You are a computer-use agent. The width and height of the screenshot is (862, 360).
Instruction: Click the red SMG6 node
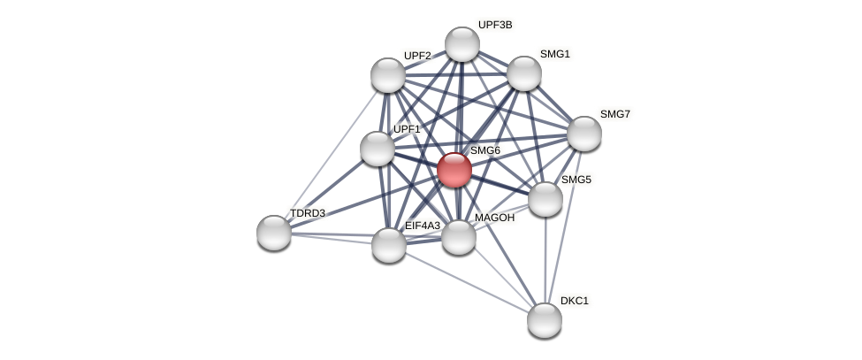[x=454, y=170]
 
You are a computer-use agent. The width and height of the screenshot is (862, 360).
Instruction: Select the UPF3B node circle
[x=462, y=44]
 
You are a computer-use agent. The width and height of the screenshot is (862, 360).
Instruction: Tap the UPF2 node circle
[x=388, y=75]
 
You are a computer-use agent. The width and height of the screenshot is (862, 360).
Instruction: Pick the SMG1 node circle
[x=524, y=73]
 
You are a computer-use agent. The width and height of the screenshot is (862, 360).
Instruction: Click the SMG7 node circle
[x=584, y=134]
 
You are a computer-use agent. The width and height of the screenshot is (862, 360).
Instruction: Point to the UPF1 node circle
[x=378, y=149]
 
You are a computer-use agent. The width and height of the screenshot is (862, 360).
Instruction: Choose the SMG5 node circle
[x=545, y=199]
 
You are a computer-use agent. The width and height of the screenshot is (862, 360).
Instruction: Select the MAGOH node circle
[x=459, y=237]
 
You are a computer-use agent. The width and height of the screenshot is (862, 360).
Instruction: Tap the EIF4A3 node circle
[x=389, y=245]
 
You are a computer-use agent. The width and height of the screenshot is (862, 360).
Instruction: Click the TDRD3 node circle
[x=274, y=233]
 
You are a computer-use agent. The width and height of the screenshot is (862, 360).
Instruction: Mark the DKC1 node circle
[x=545, y=320]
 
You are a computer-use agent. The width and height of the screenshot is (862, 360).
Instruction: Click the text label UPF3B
[x=495, y=25]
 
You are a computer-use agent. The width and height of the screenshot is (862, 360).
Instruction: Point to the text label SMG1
[x=555, y=54]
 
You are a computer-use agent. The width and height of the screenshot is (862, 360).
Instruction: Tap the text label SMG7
[x=615, y=114]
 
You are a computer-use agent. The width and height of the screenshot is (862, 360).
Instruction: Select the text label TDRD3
[x=308, y=213]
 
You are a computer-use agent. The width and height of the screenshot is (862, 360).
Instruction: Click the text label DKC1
[x=575, y=301]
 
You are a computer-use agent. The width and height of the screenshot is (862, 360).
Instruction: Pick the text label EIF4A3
[x=423, y=226]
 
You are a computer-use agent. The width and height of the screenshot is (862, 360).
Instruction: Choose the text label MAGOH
[x=494, y=218]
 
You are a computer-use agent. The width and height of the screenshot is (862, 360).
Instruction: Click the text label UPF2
[x=417, y=56]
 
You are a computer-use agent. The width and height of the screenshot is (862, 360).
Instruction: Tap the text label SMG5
[x=576, y=180]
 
